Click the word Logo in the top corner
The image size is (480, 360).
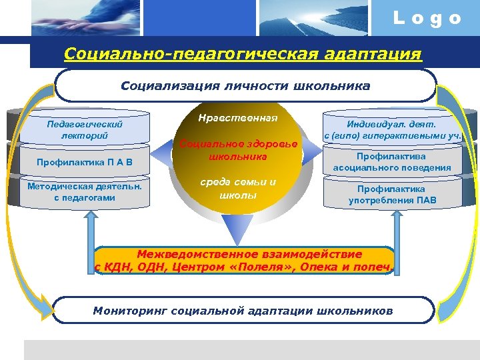pos(427,19)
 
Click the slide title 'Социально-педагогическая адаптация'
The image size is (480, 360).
pos(243,53)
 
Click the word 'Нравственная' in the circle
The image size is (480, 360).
pos(237,118)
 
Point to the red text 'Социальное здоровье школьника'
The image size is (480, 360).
pos(237,150)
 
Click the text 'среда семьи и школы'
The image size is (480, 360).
pos(237,188)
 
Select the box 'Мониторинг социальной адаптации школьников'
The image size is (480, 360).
pos(243,311)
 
